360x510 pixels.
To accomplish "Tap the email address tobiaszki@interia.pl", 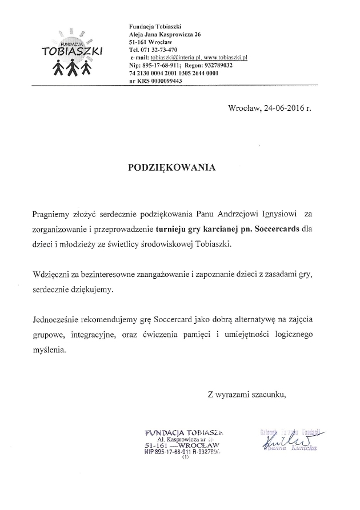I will [x=173, y=58].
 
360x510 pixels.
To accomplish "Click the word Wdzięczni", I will [x=53, y=274].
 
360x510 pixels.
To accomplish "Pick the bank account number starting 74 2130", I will [x=174, y=74].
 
